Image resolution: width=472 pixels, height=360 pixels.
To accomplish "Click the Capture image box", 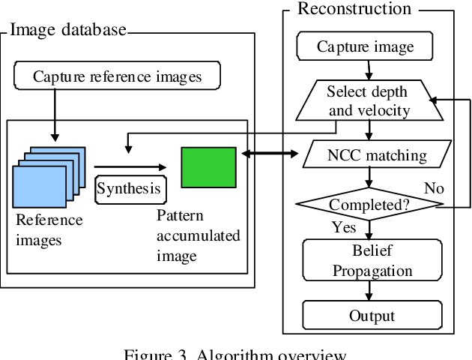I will point(365,47).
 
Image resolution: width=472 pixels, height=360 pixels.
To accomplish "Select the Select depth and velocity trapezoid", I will point(368,101).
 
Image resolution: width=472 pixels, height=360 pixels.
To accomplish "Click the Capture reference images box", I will point(118,76).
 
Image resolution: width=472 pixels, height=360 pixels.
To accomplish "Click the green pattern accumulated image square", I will point(208,167).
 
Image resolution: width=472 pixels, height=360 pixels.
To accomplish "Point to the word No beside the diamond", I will point(435,188).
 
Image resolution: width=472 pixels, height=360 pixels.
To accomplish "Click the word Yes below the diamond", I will point(345,227).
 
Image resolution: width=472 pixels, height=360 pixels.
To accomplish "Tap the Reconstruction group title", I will point(354,9).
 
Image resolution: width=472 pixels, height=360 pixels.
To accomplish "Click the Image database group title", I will point(68,31).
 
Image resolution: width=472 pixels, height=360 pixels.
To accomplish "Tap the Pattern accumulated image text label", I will point(198,235).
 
